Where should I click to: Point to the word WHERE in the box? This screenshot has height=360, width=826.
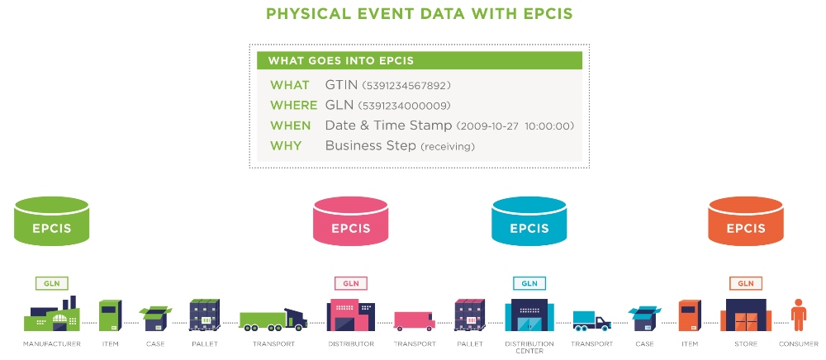point(293,106)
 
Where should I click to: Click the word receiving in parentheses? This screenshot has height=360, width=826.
point(448,147)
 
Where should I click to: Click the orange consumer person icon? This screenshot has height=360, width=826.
point(798,315)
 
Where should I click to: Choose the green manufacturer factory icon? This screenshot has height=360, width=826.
point(51,316)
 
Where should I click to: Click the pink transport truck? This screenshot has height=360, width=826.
point(414,320)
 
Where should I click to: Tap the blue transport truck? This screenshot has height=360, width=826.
point(591,320)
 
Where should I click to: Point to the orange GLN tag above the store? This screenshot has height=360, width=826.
point(745,283)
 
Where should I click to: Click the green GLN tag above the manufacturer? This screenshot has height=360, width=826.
point(51,283)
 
